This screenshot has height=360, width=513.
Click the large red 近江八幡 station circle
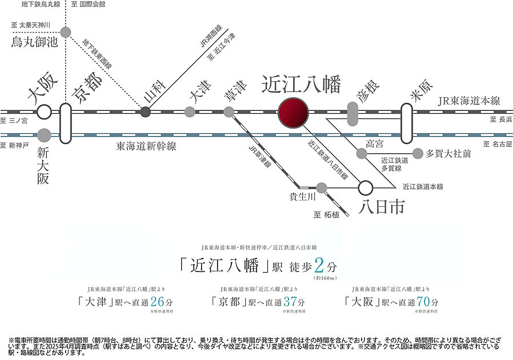click(x=292, y=112)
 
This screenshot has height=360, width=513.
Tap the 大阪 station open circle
click(x=44, y=112)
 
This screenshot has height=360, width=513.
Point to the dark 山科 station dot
click(x=146, y=112)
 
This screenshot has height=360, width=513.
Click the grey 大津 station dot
click(x=190, y=112)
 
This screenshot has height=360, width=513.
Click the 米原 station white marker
click(x=406, y=122)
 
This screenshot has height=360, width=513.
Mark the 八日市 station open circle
click(x=366, y=187)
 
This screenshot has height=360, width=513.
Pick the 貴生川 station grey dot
click(x=322, y=187)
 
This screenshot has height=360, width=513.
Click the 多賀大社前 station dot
click(x=418, y=153)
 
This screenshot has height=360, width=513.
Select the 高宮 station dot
click(x=361, y=154)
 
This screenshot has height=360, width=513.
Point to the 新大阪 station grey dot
click(x=44, y=135)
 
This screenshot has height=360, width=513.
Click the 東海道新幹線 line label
click(x=146, y=147)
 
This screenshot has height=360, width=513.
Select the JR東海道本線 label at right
click(x=469, y=101)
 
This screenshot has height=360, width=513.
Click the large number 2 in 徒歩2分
click(x=319, y=266)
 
